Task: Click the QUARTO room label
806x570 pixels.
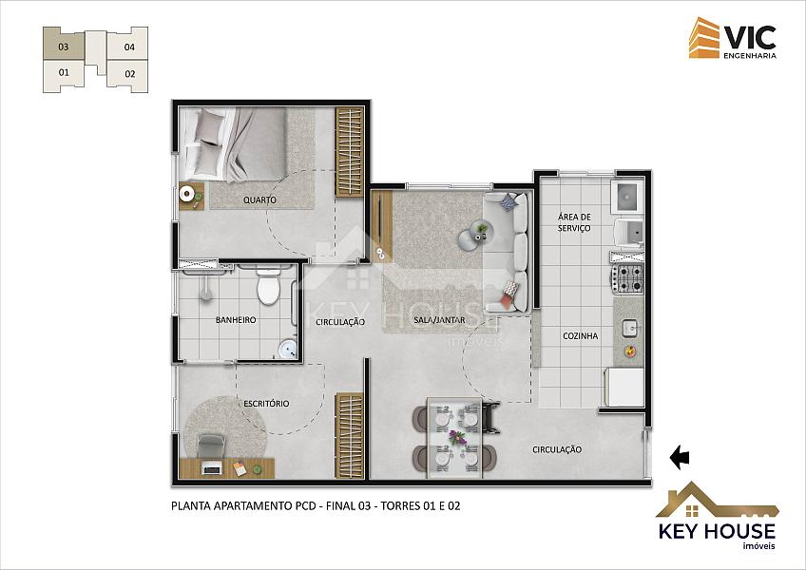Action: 259,199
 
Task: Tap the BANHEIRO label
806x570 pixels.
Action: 236,320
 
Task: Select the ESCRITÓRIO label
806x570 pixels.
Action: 266,404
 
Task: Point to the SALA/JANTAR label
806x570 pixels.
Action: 439,320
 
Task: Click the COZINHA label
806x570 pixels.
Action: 581,335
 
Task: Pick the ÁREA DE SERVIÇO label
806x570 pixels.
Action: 574,222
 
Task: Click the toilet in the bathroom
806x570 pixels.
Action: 268,286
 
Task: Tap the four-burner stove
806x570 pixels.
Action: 628,278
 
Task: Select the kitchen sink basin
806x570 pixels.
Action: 630,328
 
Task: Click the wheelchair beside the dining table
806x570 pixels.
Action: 490,417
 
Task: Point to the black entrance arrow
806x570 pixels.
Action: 680,457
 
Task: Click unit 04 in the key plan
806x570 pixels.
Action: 128,46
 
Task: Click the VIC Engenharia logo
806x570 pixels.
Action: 733,38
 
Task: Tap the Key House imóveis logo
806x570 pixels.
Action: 717,516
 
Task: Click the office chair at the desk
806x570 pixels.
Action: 211,446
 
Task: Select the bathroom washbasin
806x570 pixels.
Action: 288,350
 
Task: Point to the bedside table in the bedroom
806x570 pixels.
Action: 191,196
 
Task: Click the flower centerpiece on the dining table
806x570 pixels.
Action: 456,438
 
